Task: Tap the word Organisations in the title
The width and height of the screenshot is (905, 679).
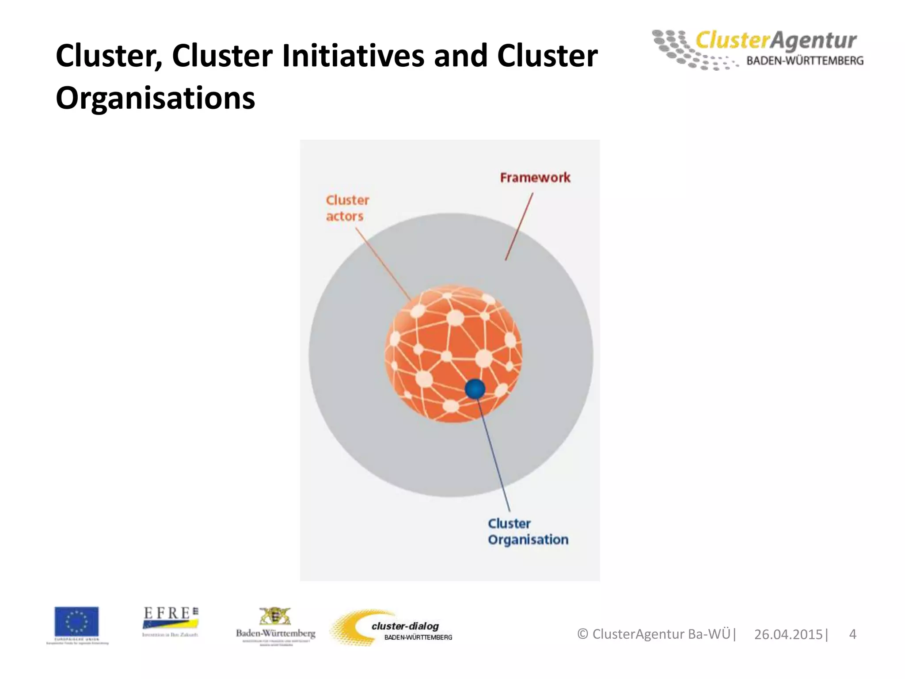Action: [156, 98]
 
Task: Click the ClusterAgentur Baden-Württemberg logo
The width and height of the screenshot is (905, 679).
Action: [757, 50]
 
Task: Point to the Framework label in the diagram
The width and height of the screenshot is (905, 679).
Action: [535, 178]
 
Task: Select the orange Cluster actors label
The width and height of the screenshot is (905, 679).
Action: [347, 208]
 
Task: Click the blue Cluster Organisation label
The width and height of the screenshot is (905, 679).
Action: [528, 532]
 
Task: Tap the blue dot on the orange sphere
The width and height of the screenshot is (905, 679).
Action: [475, 389]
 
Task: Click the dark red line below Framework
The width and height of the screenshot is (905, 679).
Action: [519, 226]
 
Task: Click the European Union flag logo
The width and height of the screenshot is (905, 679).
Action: [77, 622]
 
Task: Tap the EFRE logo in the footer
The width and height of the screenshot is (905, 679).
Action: [170, 619]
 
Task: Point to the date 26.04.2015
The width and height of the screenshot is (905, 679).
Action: [788, 634]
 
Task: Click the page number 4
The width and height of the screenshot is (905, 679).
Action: [853, 634]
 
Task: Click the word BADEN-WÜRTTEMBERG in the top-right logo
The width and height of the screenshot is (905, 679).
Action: [805, 61]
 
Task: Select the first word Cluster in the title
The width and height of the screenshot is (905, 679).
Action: [109, 56]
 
